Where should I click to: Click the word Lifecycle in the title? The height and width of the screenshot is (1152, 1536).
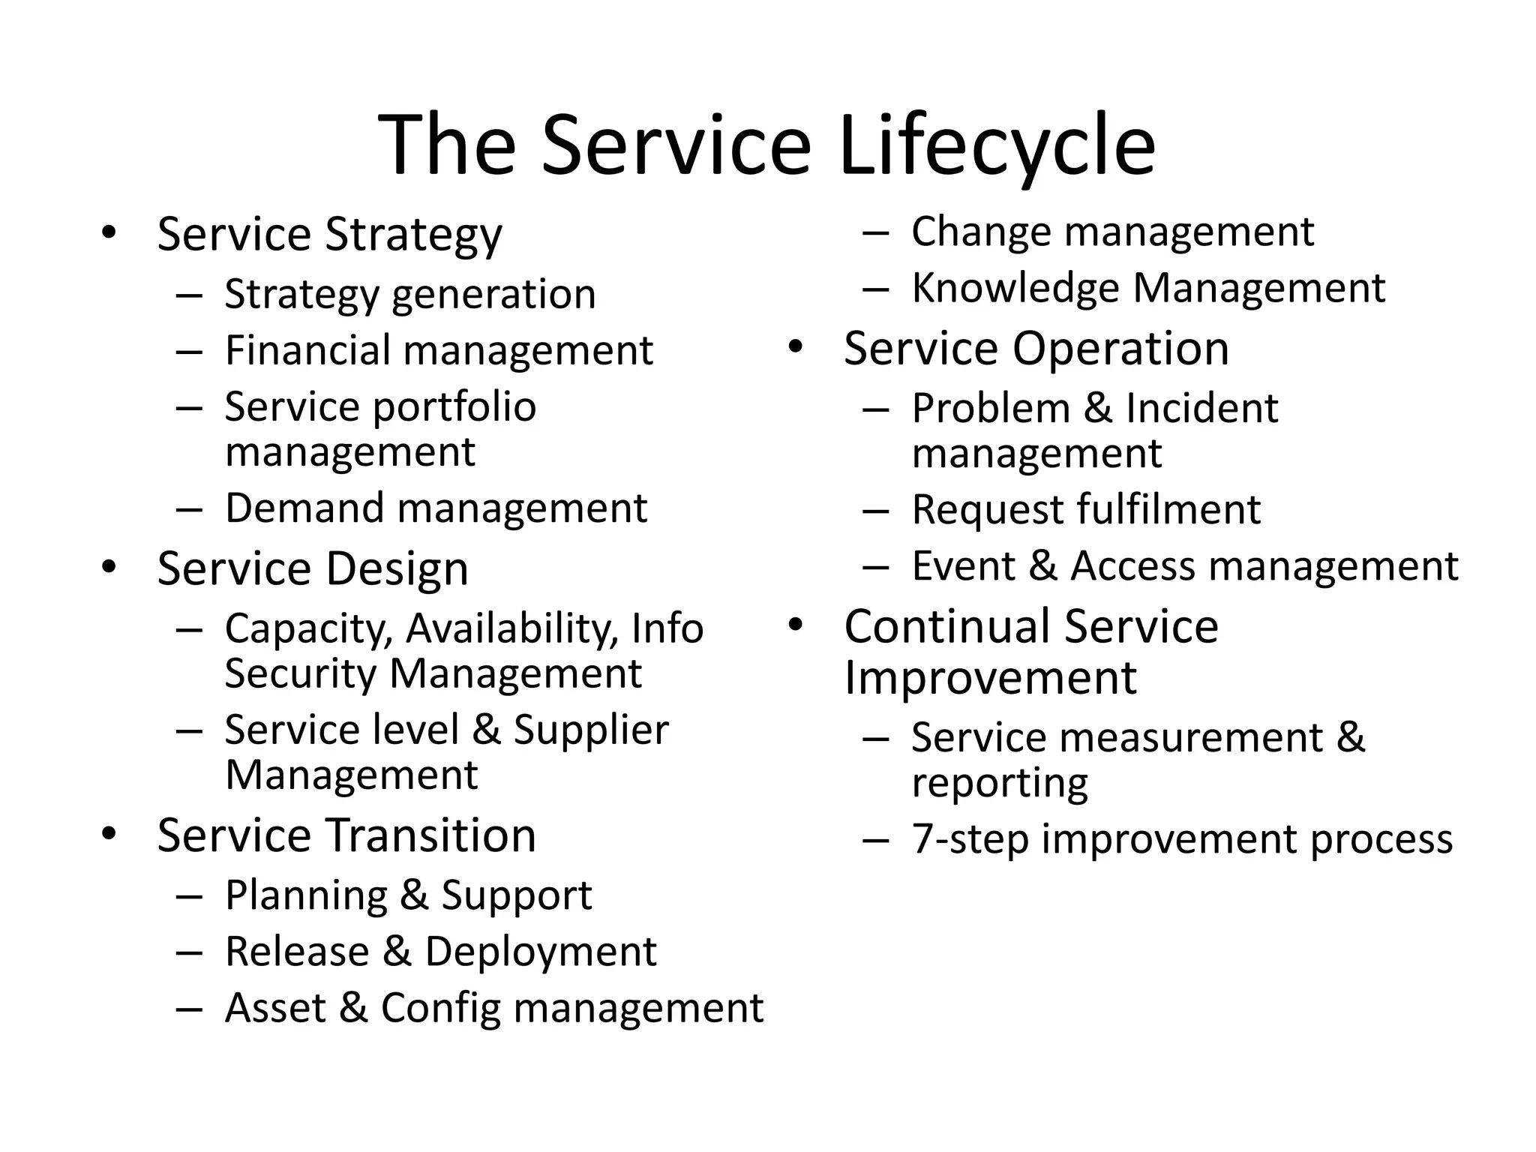(x=997, y=145)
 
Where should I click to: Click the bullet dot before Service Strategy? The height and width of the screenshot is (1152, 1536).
(x=109, y=232)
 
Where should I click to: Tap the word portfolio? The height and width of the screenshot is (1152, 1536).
(x=454, y=407)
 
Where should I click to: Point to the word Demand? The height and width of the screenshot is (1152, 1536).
(x=304, y=508)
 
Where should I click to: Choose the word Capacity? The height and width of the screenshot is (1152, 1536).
(x=308, y=628)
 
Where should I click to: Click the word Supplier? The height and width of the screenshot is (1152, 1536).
(x=590, y=730)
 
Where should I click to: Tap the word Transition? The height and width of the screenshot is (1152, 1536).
(x=431, y=835)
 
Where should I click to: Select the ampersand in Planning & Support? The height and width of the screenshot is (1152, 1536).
(x=413, y=895)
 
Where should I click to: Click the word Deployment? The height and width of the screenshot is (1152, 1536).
(x=540, y=952)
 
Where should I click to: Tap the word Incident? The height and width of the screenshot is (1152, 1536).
(x=1201, y=409)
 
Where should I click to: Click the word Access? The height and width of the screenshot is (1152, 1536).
(x=1132, y=566)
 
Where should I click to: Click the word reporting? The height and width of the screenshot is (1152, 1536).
(x=999, y=784)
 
